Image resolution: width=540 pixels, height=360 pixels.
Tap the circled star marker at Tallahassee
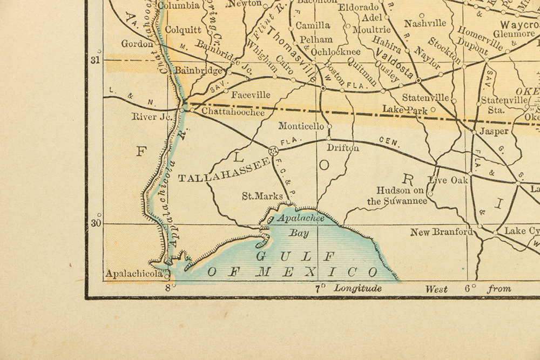point(273,151)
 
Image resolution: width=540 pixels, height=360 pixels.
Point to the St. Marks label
point(261,196)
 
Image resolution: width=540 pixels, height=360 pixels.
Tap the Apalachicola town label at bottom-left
point(134,274)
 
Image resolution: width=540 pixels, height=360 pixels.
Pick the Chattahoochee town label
point(233,112)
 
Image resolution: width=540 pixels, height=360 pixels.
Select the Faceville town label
point(251,95)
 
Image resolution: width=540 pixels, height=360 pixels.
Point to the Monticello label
point(301,126)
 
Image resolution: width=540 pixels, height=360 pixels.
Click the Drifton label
point(343,147)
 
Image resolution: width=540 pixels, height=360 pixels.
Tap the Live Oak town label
point(448,180)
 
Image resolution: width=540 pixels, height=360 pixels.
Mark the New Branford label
point(441,232)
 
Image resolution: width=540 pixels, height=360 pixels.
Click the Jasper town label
point(494,131)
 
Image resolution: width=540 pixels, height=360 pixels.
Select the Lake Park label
point(405,109)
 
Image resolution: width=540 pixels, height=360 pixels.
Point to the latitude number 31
point(95,60)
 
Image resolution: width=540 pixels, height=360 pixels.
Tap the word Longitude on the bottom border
point(357,288)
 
